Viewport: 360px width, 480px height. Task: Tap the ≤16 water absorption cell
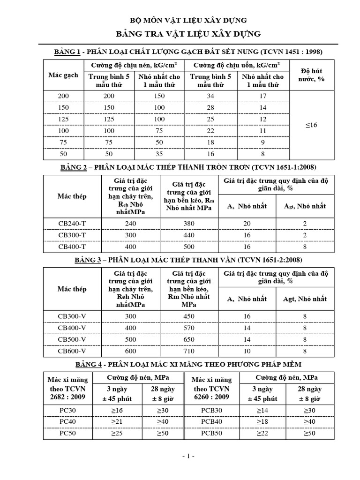311,125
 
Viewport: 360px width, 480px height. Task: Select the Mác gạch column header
63,75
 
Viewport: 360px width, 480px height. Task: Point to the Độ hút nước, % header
311,75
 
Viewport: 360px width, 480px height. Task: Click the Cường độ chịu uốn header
237,65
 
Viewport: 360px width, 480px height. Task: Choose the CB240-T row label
72,224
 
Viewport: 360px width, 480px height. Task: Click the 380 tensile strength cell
189,224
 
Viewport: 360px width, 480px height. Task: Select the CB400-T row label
72,247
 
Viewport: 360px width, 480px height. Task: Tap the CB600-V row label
72,351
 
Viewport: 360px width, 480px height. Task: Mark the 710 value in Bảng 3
189,351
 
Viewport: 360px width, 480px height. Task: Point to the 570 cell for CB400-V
189,328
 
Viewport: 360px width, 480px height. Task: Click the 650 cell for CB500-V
189,339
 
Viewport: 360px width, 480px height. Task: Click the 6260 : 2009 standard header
211,397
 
